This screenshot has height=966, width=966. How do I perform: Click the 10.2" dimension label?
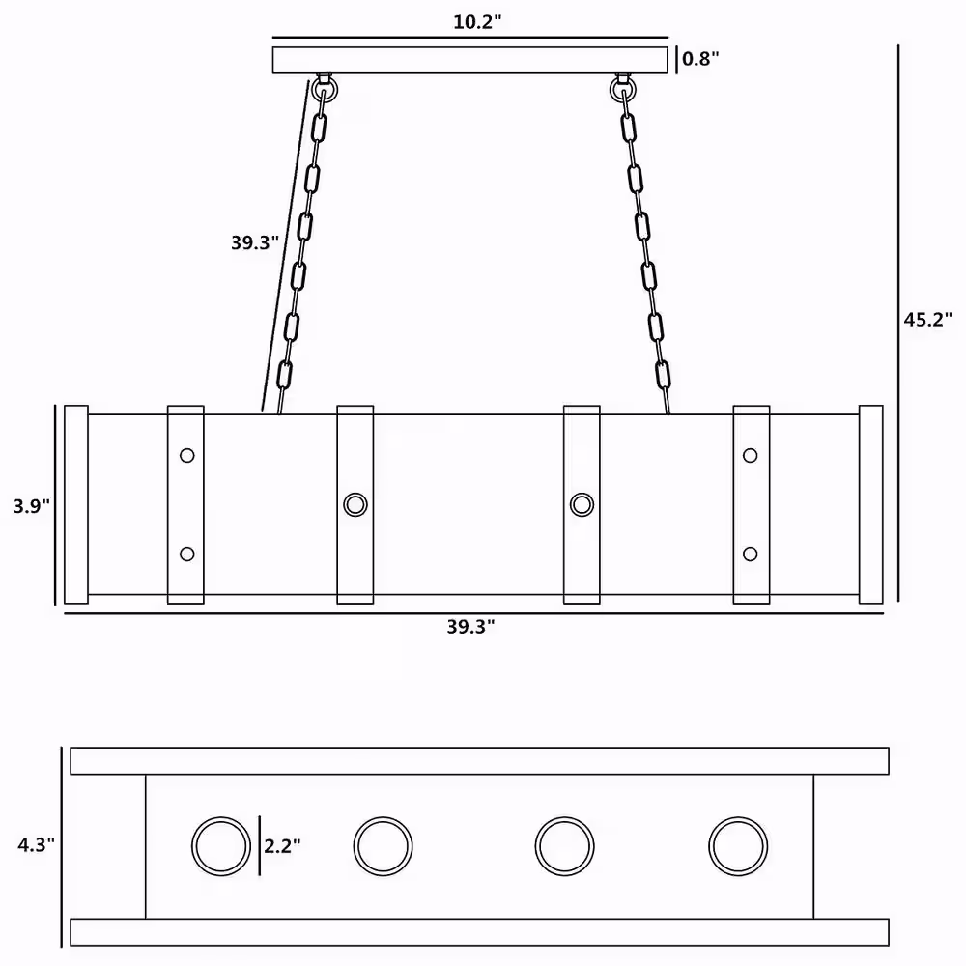(477, 22)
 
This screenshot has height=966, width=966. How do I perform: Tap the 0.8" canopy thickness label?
(700, 59)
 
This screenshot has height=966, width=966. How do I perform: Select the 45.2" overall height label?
(927, 320)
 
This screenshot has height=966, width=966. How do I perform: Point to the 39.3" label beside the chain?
(255, 242)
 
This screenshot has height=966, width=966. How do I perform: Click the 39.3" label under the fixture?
(470, 627)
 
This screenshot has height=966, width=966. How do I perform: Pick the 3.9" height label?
(32, 506)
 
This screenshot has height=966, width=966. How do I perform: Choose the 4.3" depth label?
(36, 844)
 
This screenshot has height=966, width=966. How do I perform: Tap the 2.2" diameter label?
(282, 846)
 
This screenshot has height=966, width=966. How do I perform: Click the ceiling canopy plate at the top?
(470, 60)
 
